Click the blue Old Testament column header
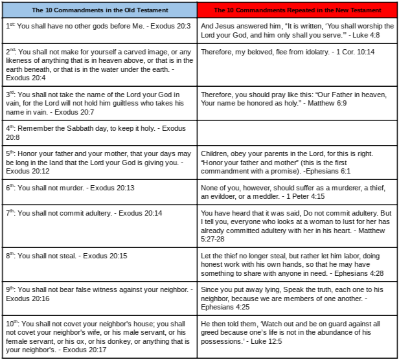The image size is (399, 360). point(99,10)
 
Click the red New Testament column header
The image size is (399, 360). point(297,10)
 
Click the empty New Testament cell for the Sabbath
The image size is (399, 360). point(297,133)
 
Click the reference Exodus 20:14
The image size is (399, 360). point(140,213)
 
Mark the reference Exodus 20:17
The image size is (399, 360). point(84,349)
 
